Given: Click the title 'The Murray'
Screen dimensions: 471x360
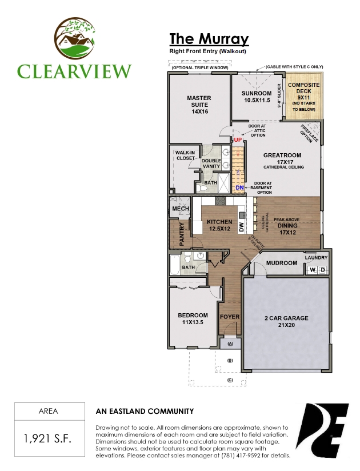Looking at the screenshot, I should coord(209,39).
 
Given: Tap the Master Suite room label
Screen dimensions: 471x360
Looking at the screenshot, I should coord(199,105).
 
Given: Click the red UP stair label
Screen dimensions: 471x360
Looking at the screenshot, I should coord(238,139).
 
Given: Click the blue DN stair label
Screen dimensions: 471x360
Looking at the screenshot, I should coord(240,187).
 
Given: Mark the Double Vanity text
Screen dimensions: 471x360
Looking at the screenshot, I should coord(211,163).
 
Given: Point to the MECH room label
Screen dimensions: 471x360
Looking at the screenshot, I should coord(181,209).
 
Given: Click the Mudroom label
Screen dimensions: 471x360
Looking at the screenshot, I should coord(282,263).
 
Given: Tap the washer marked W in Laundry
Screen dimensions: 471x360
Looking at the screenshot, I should coord(313,270).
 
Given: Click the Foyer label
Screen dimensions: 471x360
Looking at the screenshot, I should coord(230,317).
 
